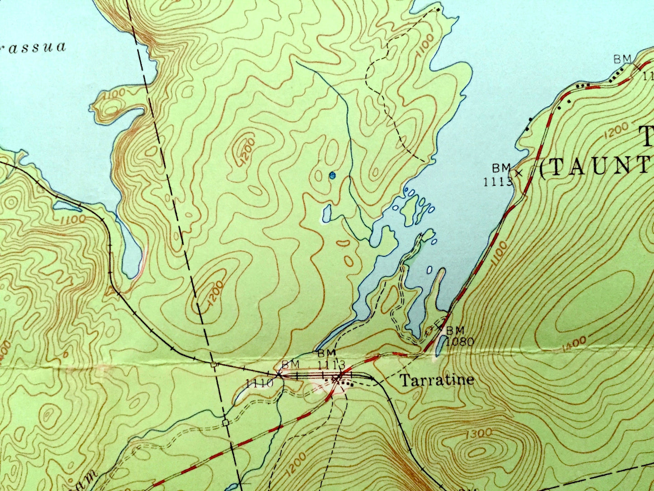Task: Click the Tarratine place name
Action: point(437,380)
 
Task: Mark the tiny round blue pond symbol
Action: point(333,175)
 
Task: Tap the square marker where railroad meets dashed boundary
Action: point(213,364)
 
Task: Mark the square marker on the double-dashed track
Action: point(225,423)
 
